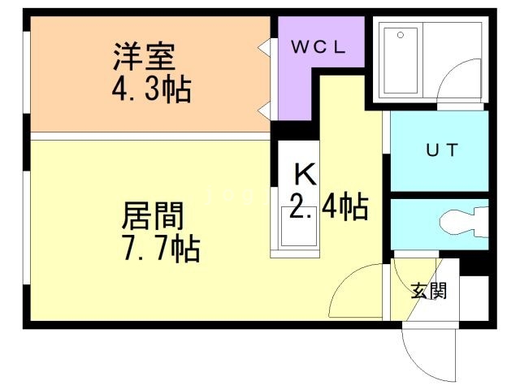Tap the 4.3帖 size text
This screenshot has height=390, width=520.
pyautogui.click(x=151, y=88)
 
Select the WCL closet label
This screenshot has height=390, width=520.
pyautogui.click(x=318, y=46)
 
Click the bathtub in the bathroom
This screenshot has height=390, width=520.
pyautogui.click(x=400, y=62)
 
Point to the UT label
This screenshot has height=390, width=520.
pyautogui.click(x=442, y=149)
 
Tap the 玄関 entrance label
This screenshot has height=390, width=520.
pyautogui.click(x=427, y=290)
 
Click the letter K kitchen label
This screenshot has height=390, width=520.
pyautogui.click(x=304, y=172)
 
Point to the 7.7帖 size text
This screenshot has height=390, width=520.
pyautogui.click(x=160, y=249)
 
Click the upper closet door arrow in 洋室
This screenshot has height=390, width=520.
pyautogui.click(x=265, y=46)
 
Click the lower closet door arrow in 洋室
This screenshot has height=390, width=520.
pyautogui.click(x=265, y=109)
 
